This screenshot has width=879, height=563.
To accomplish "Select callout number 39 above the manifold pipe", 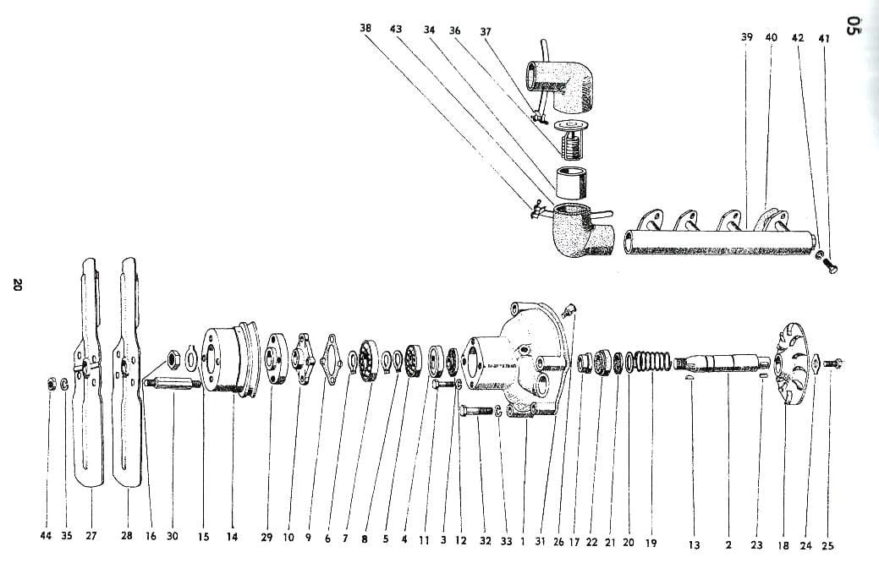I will tap(747, 38).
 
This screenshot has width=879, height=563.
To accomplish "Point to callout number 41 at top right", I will tap(824, 39).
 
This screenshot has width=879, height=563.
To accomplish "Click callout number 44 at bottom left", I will tap(46, 536).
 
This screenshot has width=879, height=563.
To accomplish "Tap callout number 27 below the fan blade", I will tap(91, 536).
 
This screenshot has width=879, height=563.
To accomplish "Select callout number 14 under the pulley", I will tap(232, 536).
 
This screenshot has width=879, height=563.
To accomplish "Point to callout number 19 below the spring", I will tap(650, 541).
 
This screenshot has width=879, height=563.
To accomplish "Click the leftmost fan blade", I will tap(88, 372).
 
